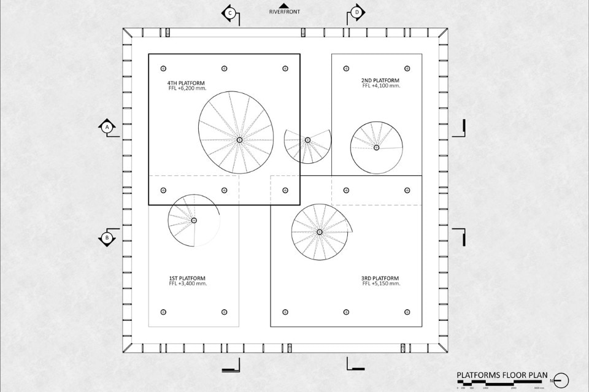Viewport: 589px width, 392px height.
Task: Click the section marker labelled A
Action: (x=107, y=127)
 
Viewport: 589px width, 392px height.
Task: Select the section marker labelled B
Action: (x=107, y=237)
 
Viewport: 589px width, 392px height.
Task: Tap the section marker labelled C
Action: (x=230, y=13)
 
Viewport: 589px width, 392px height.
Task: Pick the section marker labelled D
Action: (x=357, y=13)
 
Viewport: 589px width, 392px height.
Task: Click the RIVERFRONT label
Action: (x=285, y=12)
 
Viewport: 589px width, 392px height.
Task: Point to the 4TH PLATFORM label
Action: (x=186, y=83)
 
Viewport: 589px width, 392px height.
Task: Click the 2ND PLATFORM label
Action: (x=380, y=80)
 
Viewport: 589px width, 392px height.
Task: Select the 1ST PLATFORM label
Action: (x=187, y=278)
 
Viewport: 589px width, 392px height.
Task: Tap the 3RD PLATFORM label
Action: (x=380, y=278)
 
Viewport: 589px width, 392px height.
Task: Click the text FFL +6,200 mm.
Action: (x=188, y=88)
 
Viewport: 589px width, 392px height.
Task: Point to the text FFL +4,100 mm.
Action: (x=381, y=86)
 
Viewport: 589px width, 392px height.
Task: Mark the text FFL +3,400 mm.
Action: (x=188, y=283)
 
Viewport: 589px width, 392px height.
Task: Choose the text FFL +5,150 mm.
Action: (x=381, y=283)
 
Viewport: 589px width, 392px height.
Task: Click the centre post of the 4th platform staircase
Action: (x=239, y=140)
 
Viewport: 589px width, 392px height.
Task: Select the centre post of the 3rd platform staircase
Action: (x=320, y=232)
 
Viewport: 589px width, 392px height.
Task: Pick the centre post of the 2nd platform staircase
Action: (x=376, y=147)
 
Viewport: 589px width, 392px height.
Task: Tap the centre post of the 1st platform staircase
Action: (x=194, y=220)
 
